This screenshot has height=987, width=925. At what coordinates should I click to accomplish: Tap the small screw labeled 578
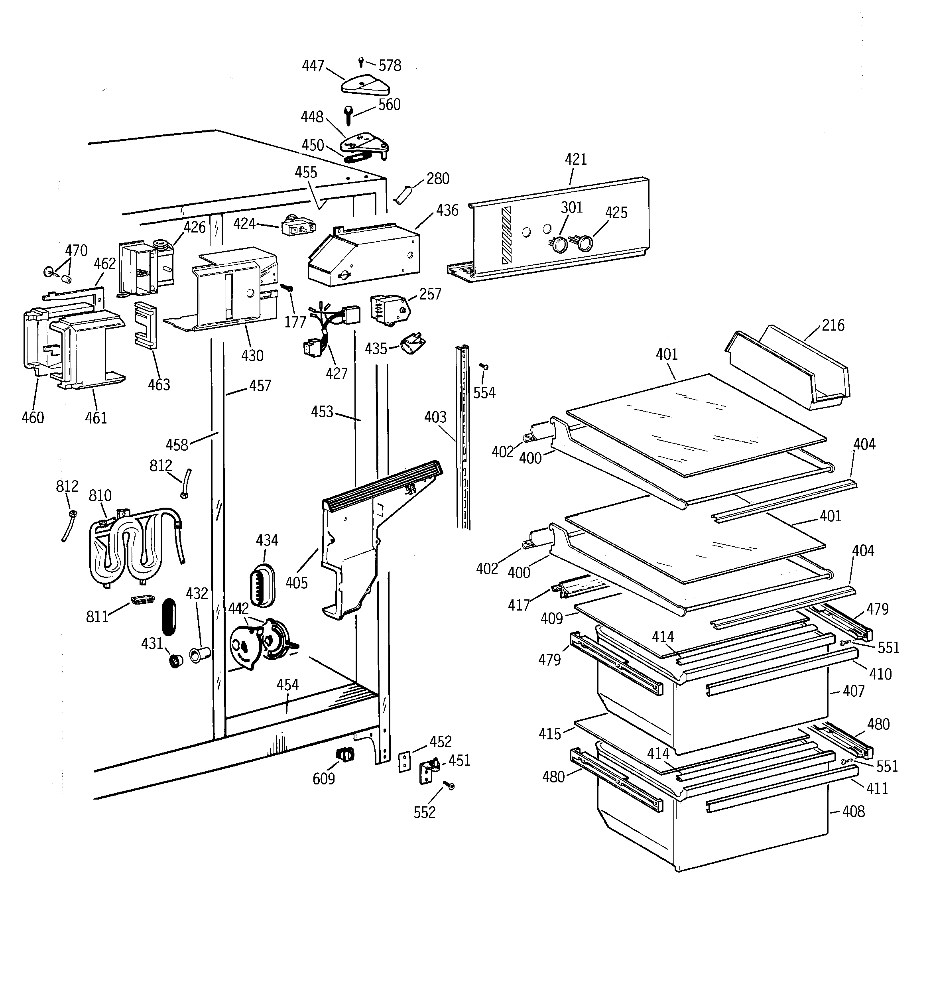coord(361,61)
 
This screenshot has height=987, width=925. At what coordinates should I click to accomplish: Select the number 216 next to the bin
coord(832,325)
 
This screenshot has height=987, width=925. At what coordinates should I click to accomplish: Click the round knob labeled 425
coord(585,243)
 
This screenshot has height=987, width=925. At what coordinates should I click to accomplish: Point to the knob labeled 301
coord(560,244)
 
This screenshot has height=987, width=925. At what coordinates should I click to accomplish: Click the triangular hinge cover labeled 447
coord(365,85)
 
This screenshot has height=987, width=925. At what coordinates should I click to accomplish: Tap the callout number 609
coord(323,778)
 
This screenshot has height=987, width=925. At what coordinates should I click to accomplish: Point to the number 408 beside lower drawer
coord(854,812)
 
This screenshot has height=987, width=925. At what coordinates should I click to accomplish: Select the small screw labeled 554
coord(484,366)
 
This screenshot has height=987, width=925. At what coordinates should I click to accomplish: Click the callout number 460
coord(33,418)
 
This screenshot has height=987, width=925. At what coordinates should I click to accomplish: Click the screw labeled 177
coord(287,288)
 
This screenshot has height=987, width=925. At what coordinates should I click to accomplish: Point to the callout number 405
coord(296,582)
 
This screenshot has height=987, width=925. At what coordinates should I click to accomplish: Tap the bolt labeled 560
coord(349,115)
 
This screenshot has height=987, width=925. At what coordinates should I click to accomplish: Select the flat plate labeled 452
coord(405,762)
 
